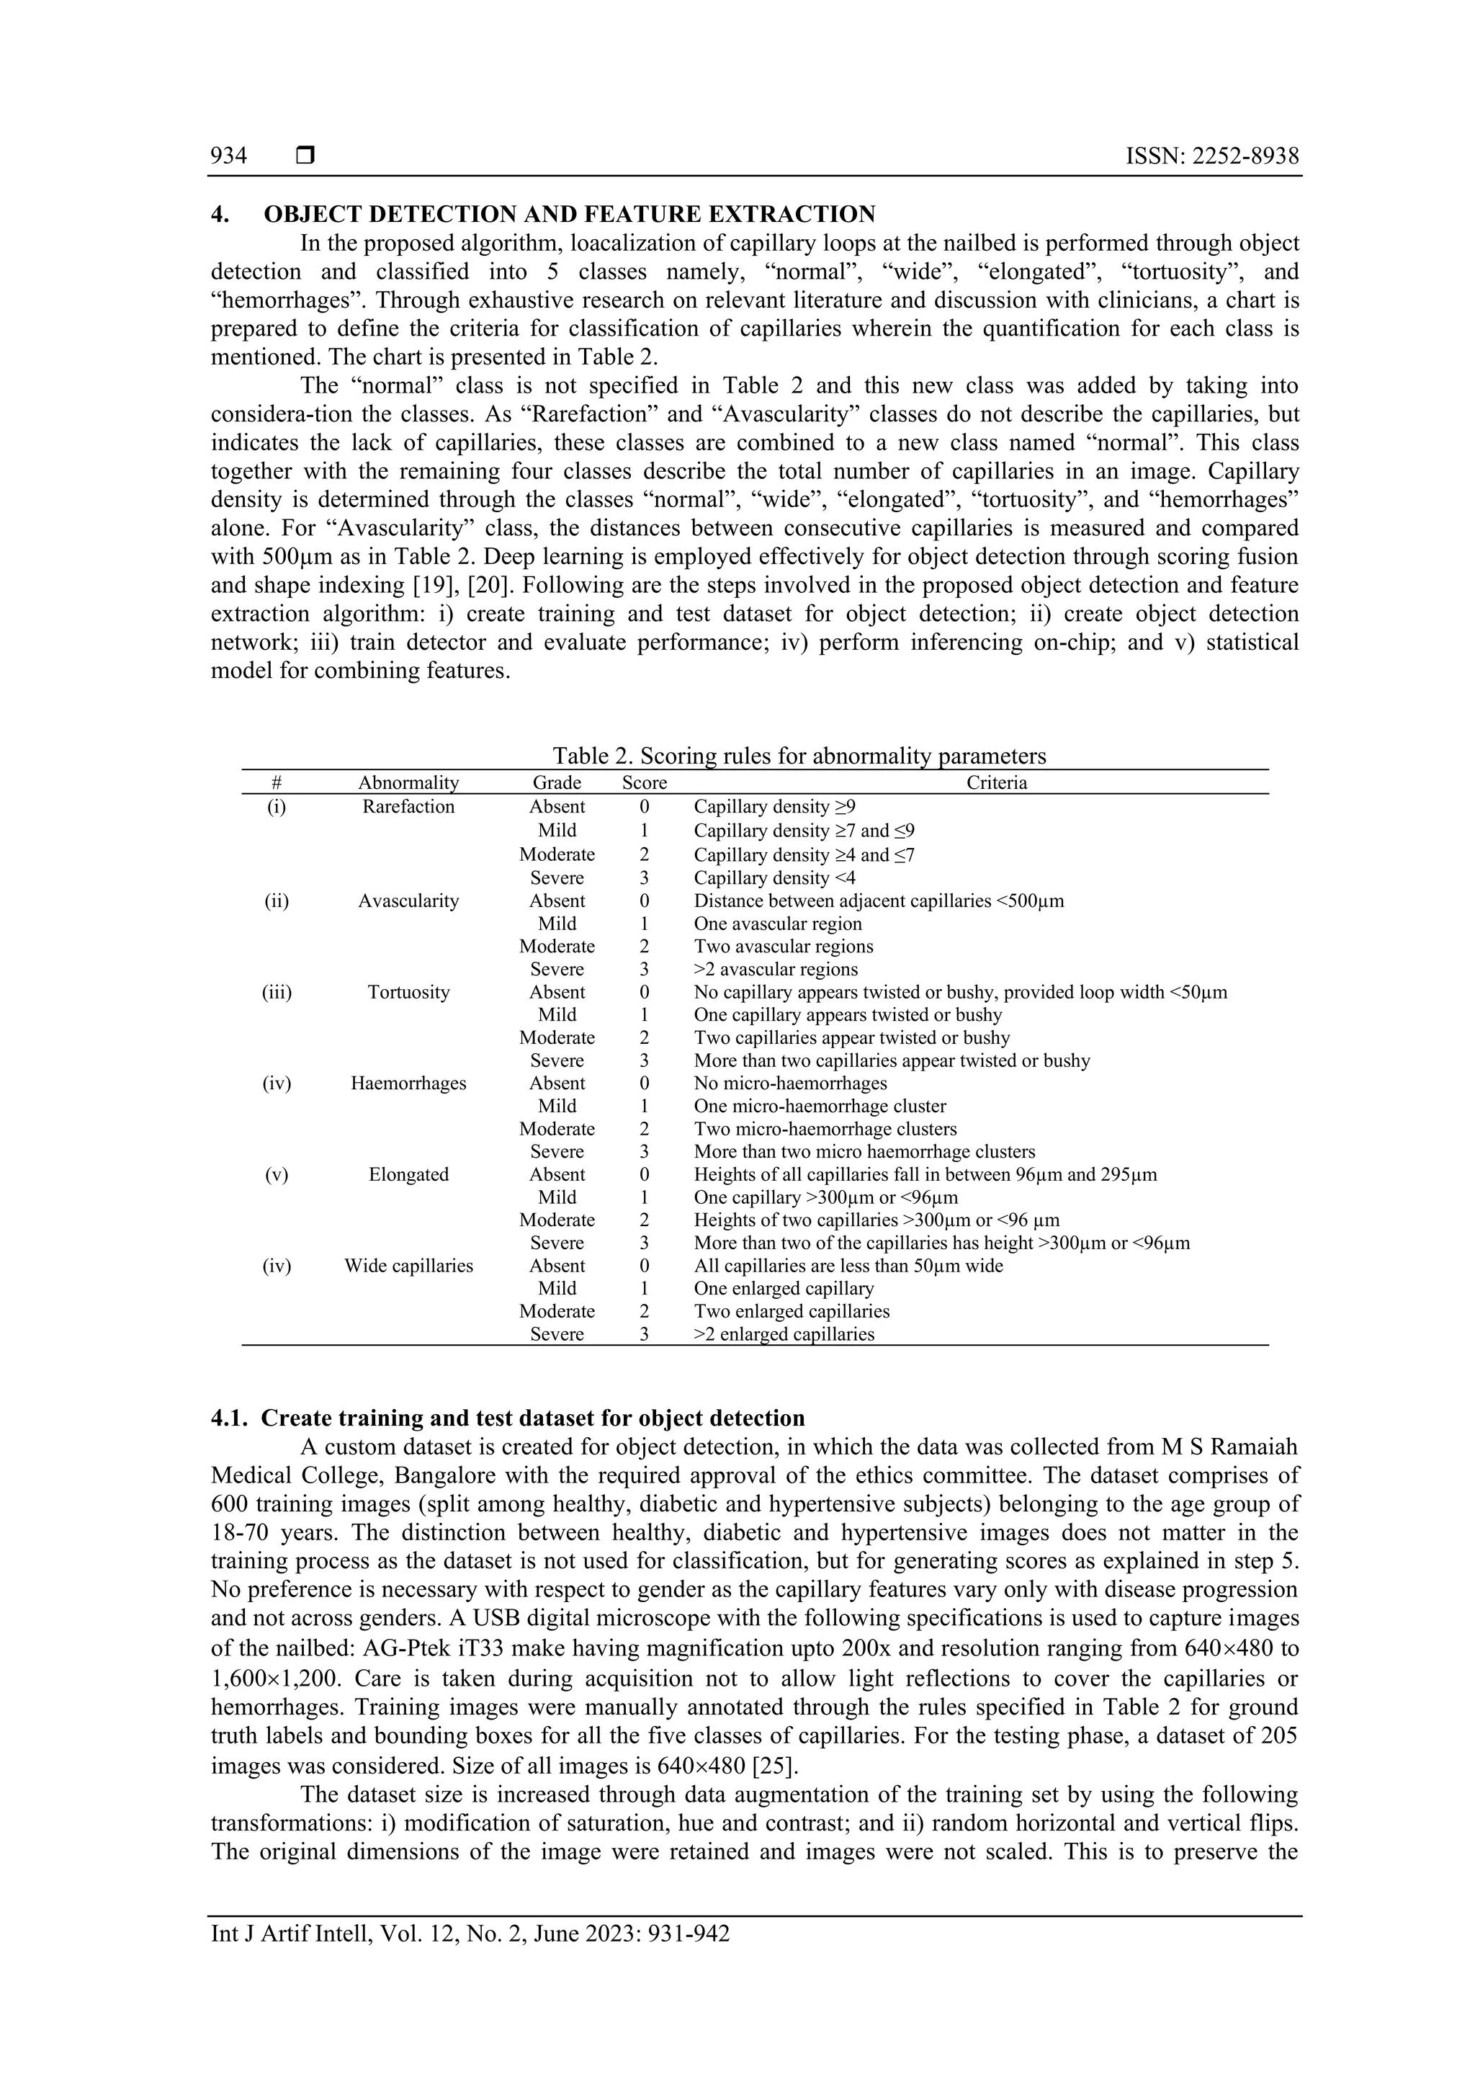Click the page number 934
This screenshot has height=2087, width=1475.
228,156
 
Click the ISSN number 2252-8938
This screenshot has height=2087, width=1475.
1245,156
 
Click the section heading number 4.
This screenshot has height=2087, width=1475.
219,215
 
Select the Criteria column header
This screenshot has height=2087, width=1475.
996,782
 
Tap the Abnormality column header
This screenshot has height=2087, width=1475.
408,782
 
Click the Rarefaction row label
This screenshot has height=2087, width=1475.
408,807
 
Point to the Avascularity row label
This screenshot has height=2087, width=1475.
408,901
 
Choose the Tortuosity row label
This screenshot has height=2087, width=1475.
408,992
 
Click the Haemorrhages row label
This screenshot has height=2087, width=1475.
408,1083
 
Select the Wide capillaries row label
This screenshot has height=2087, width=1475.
408,1265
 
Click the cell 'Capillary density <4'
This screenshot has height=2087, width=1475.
774,878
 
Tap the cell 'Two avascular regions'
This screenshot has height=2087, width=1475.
784,946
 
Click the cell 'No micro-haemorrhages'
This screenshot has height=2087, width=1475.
790,1083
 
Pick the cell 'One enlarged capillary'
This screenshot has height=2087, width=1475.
784,1288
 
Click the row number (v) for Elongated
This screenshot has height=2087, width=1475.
277,1174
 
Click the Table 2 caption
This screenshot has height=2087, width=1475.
799,756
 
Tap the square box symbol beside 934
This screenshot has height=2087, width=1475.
305,156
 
